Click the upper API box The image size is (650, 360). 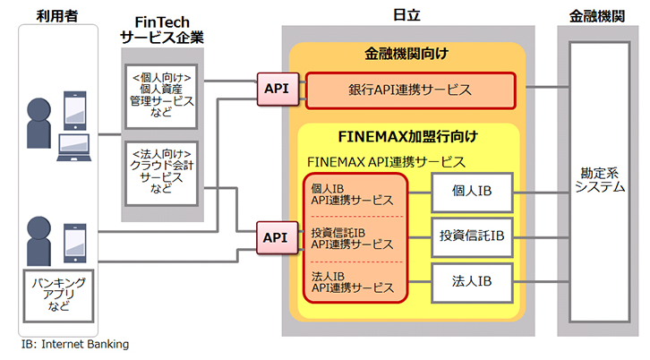point(278,90)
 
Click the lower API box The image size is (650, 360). point(277,237)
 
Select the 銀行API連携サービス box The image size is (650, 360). point(410,90)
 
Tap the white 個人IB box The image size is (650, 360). point(472,193)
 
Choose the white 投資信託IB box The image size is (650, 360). point(472,237)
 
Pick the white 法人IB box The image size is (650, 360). point(472,282)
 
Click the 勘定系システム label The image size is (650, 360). point(600,180)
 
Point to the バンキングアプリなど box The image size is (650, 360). point(58,296)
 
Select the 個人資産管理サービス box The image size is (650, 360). point(161,96)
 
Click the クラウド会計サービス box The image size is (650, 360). point(161,174)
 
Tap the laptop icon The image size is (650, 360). point(74,147)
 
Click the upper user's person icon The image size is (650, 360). point(38,124)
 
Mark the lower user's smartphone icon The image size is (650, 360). point(75,243)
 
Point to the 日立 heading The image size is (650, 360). point(406,15)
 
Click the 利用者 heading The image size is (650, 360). point(57,16)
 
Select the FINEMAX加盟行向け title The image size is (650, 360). point(408,136)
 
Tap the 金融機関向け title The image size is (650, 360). point(406,54)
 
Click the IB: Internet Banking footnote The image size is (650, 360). point(75,344)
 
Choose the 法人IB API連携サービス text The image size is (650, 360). point(353,282)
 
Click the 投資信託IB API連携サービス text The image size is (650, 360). point(353,238)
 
